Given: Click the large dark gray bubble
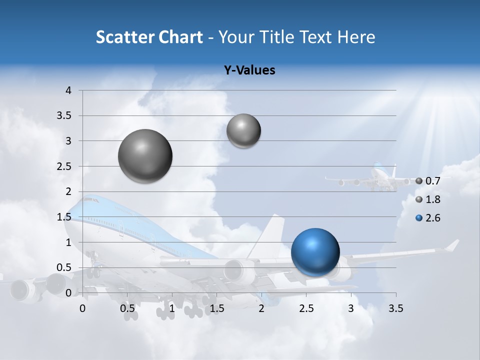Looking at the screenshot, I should point(145,156).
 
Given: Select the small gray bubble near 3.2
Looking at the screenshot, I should point(243,130).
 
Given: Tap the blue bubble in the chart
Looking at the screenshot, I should point(315,252).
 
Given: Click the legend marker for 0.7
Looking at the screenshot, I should point(419,181).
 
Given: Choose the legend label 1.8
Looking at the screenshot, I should point(433,199).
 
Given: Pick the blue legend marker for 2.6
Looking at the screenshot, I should point(419,218).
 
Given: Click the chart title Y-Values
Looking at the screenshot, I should point(249,70).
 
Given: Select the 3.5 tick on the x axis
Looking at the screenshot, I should point(395,308).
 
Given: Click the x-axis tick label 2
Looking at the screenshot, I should point(261,308).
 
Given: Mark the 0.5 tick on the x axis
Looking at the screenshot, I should point(127,308).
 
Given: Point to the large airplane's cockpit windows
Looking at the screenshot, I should point(90,200).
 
